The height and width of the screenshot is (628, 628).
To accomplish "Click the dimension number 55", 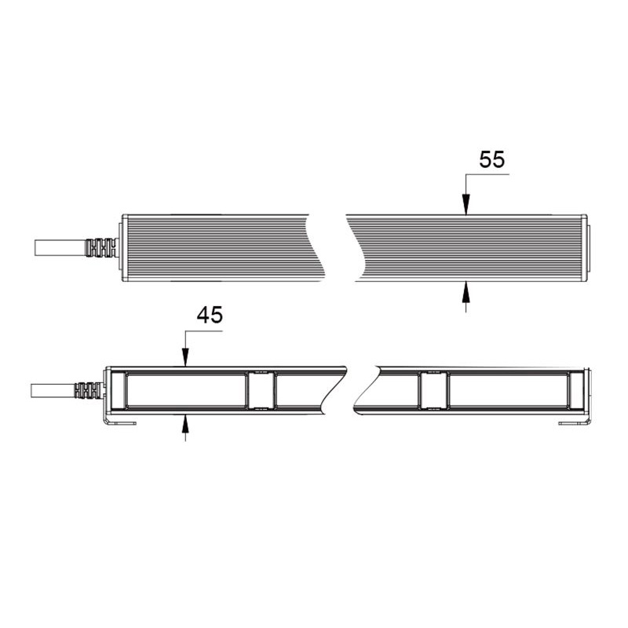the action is [x=492, y=159].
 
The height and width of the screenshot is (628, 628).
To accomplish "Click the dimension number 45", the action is [x=210, y=315].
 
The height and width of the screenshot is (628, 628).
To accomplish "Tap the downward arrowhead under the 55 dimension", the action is [x=466, y=205].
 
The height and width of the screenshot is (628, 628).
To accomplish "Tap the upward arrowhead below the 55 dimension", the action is [x=466, y=291].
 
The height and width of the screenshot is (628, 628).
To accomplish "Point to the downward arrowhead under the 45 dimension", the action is [x=185, y=357].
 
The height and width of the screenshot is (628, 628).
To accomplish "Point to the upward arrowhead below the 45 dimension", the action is [x=185, y=425].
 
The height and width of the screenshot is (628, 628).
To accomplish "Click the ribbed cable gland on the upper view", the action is [x=101, y=248].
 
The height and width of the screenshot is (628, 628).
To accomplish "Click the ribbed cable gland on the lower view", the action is [x=89, y=390].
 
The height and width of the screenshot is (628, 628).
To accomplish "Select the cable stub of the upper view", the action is [x=60, y=248].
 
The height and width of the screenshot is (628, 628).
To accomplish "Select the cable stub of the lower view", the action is [x=53, y=390].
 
